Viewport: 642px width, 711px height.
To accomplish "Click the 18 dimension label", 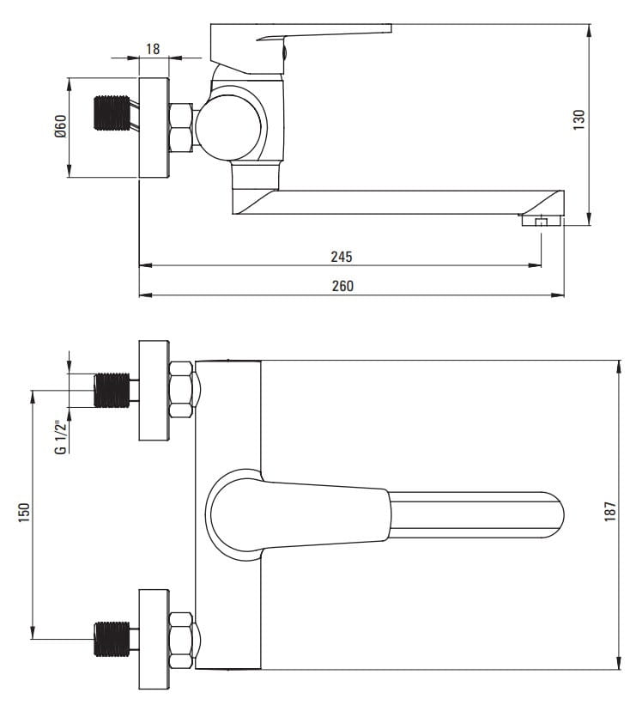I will point(154,49).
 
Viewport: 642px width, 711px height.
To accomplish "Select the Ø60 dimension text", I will point(60,128).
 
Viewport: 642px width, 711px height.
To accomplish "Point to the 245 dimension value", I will point(342,256).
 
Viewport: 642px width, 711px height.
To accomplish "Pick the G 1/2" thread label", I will point(60,436).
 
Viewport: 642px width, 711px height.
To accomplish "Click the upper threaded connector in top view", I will point(110,390).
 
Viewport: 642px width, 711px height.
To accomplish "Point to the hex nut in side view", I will point(182,128).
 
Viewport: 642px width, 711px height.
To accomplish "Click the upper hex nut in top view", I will point(182,390).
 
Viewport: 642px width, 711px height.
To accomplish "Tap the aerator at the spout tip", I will point(541,222).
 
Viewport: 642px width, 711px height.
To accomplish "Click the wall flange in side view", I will point(154,128).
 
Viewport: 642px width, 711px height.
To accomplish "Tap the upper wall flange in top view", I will point(154,390).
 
